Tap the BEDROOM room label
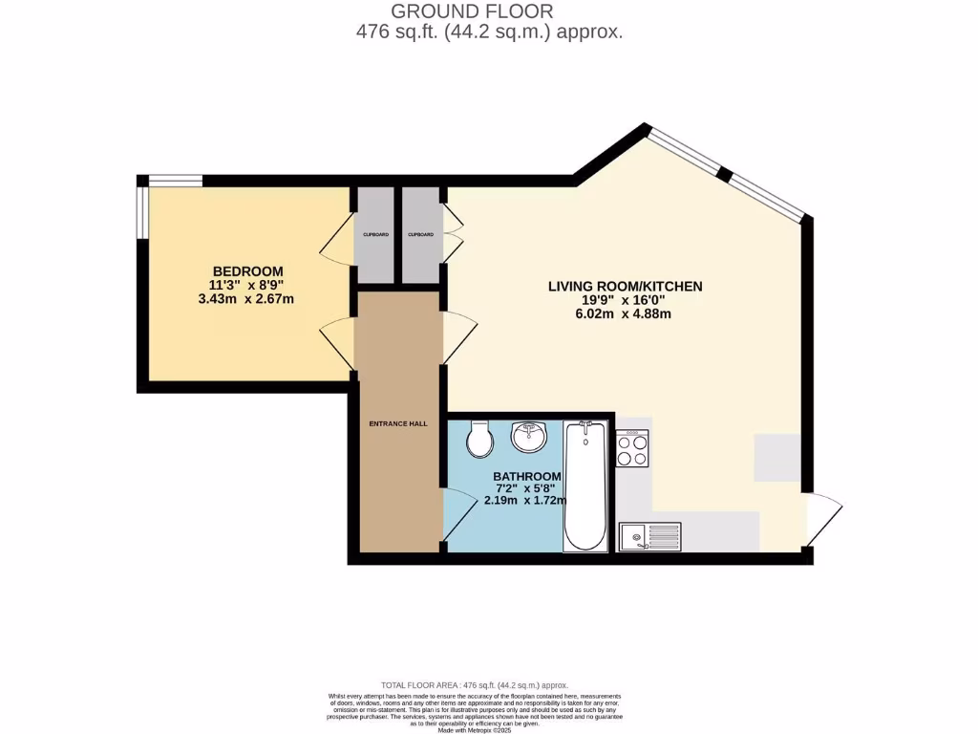[x=247, y=270]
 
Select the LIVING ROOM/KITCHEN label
[x=625, y=286]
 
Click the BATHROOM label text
[x=527, y=476]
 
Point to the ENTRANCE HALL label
[x=398, y=423]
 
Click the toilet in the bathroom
[x=478, y=439]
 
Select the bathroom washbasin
[x=528, y=437]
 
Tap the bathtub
[x=585, y=487]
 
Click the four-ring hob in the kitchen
[x=632, y=448]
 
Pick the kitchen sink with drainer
[x=649, y=537]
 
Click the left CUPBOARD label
[x=373, y=235]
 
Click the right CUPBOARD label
[x=421, y=235]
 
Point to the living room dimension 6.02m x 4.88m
[x=625, y=314]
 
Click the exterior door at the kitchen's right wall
[x=824, y=520]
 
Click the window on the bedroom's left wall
[x=141, y=211]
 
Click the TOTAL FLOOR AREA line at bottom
[x=475, y=685]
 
